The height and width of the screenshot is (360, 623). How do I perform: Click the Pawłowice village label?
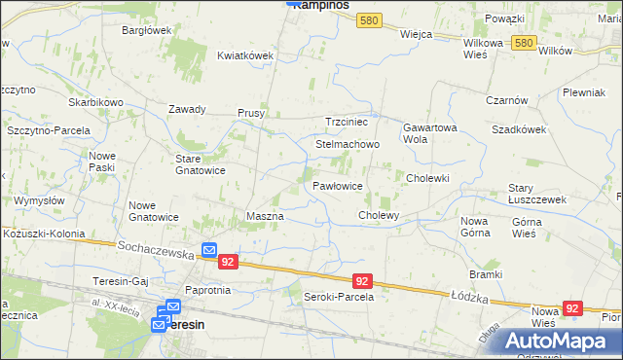338,185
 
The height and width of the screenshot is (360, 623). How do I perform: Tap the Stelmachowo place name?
347,144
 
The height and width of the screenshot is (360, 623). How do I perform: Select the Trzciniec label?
346,122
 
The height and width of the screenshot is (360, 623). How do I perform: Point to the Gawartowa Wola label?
429,132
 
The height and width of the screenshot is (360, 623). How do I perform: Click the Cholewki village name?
427,178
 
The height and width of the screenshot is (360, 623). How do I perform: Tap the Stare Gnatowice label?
200,163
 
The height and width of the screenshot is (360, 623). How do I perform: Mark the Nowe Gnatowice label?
154,211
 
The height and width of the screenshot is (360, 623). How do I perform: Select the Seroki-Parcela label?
339,296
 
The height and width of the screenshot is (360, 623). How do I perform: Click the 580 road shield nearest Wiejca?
368,20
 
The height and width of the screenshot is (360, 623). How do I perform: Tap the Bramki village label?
485,274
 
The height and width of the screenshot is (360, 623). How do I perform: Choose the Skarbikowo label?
95,102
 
